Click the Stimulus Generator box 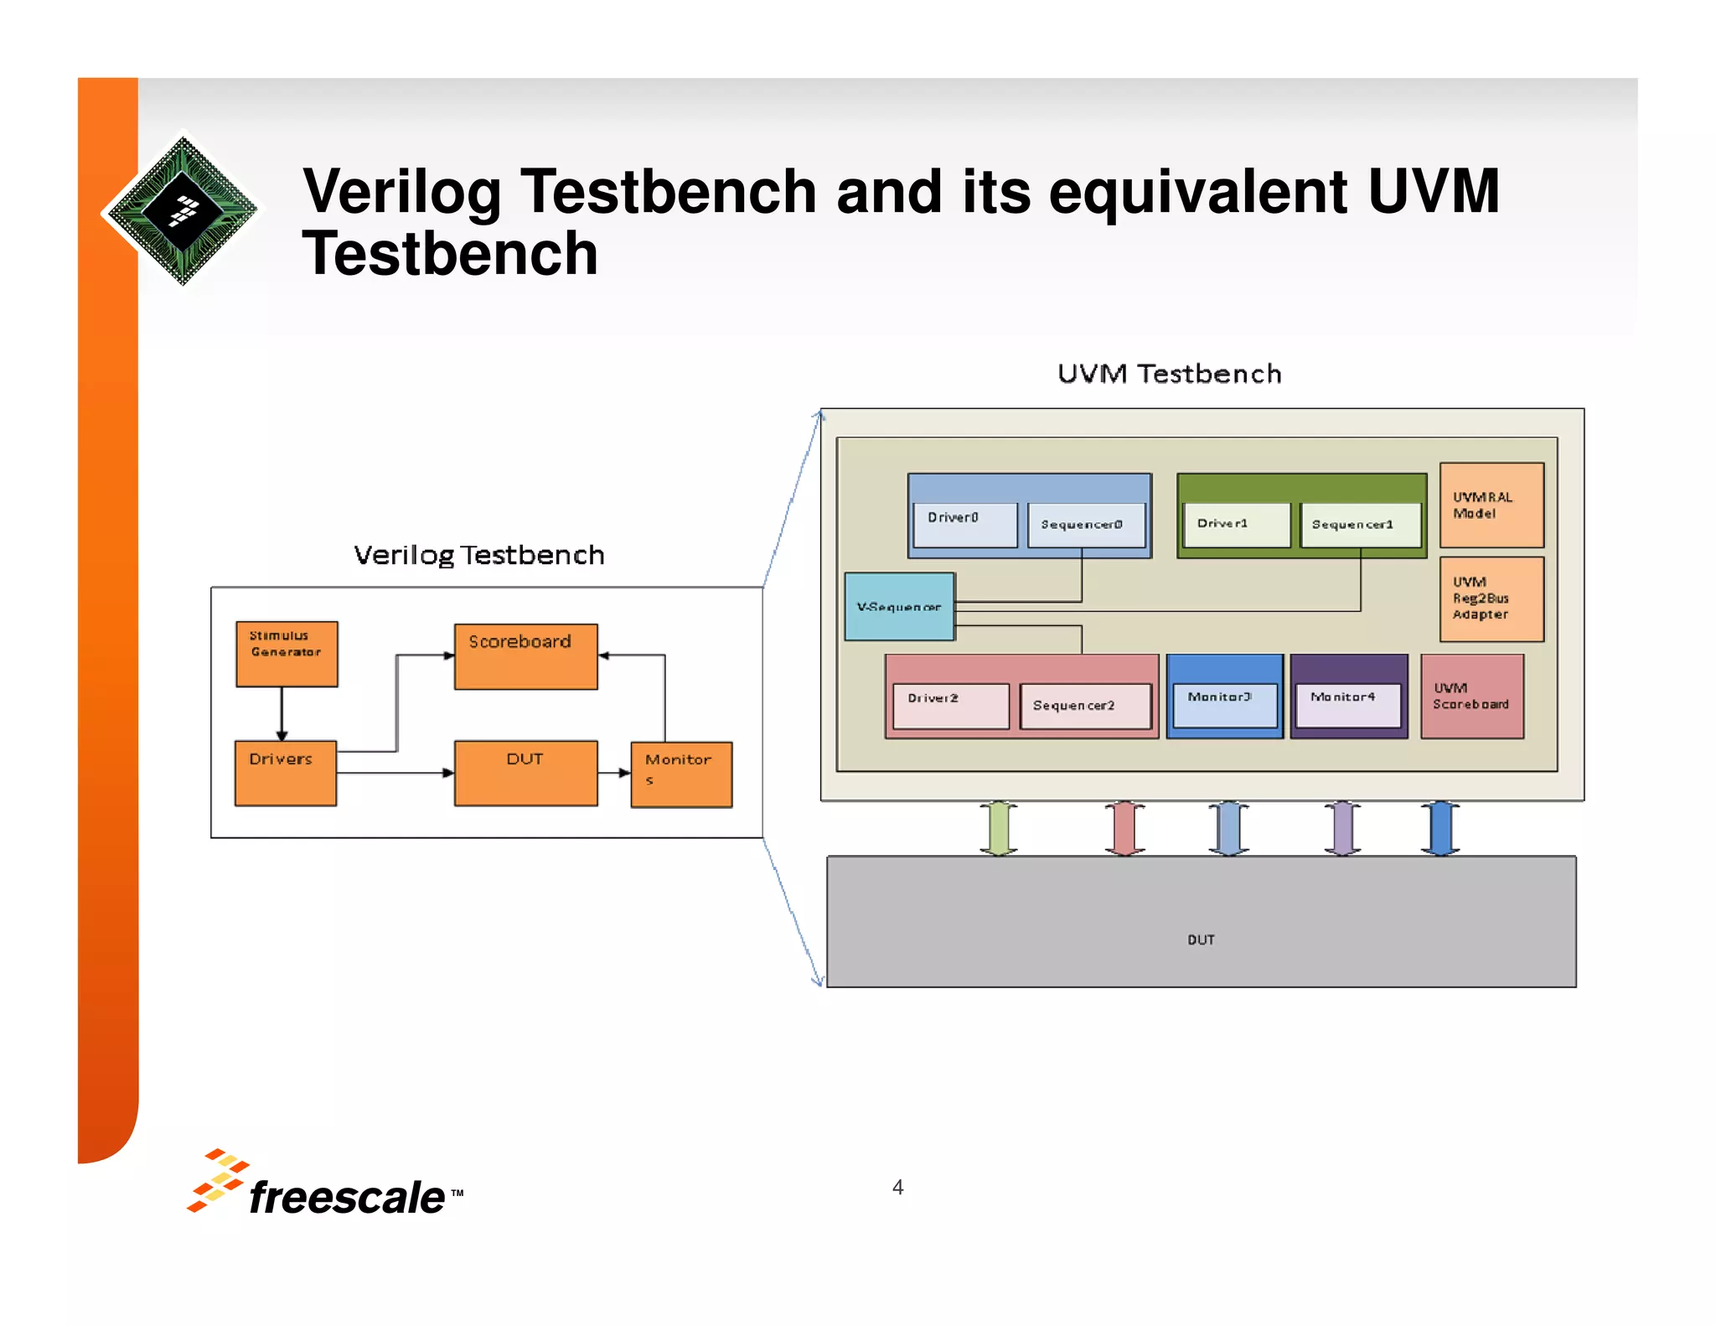(287, 654)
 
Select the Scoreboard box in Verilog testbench (525, 656)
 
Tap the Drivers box (285, 773)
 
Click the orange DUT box (525, 773)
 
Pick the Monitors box (680, 774)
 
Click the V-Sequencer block (899, 607)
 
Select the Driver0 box (964, 525)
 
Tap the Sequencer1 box (1359, 525)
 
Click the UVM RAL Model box (1491, 505)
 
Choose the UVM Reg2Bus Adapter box (1491, 599)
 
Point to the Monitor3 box (1224, 705)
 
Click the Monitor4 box (1347, 705)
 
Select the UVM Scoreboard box (1471, 697)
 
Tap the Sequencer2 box (1085, 706)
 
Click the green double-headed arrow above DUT (998, 828)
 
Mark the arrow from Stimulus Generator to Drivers (282, 713)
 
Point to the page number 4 (897, 1187)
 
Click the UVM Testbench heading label (1169, 374)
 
